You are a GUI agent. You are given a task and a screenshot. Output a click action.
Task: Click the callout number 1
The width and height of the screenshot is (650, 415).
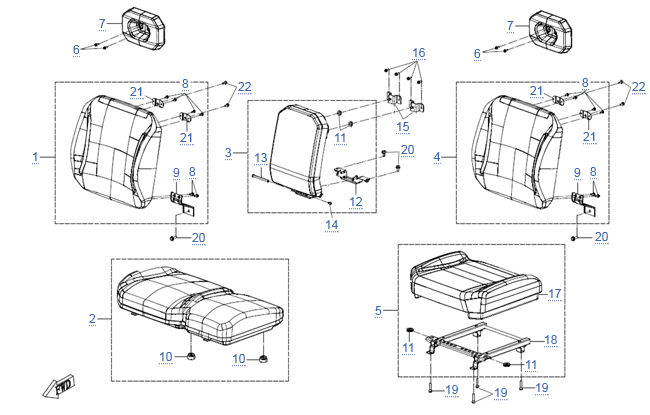pyautogui.click(x=36, y=157)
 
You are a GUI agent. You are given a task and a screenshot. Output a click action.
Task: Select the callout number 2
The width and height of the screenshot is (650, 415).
pyautogui.click(x=92, y=318)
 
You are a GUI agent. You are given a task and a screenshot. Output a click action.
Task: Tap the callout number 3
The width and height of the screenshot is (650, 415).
pyautogui.click(x=228, y=153)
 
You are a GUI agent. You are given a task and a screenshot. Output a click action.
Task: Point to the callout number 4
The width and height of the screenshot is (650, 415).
pyautogui.click(x=437, y=157)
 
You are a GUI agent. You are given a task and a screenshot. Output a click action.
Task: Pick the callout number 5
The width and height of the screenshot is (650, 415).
pyautogui.click(x=378, y=311)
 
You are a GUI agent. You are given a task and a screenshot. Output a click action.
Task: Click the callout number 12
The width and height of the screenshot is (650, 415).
pyautogui.click(x=356, y=202)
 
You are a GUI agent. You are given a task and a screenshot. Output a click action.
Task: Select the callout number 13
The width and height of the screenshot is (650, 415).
pyautogui.click(x=261, y=158)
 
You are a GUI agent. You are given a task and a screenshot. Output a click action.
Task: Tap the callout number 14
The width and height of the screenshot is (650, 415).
pyautogui.click(x=332, y=225)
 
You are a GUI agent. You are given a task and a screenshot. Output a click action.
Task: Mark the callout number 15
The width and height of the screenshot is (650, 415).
pyautogui.click(x=403, y=127)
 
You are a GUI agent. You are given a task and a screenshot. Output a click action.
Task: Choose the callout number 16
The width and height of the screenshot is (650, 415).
pyautogui.click(x=419, y=53)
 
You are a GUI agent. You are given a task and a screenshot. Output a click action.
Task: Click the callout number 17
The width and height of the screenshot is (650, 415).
pyautogui.click(x=555, y=294)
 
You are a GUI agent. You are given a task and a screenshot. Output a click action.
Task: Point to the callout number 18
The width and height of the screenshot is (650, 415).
pyautogui.click(x=551, y=340)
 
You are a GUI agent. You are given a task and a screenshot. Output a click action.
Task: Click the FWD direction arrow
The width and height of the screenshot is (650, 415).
pyautogui.click(x=59, y=387)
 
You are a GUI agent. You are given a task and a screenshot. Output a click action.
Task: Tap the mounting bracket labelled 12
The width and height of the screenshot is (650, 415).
pyautogui.click(x=352, y=176)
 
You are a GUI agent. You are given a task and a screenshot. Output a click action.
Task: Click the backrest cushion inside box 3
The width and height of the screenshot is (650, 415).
pyautogui.click(x=298, y=152)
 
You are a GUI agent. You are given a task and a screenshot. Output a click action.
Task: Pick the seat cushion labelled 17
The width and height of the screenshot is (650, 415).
pyautogui.click(x=475, y=286)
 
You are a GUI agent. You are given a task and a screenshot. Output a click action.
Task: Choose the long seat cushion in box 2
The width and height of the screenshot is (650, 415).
pyautogui.click(x=200, y=306)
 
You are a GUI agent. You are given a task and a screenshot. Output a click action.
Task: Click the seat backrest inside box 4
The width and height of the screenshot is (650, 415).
pyautogui.click(x=517, y=152)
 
